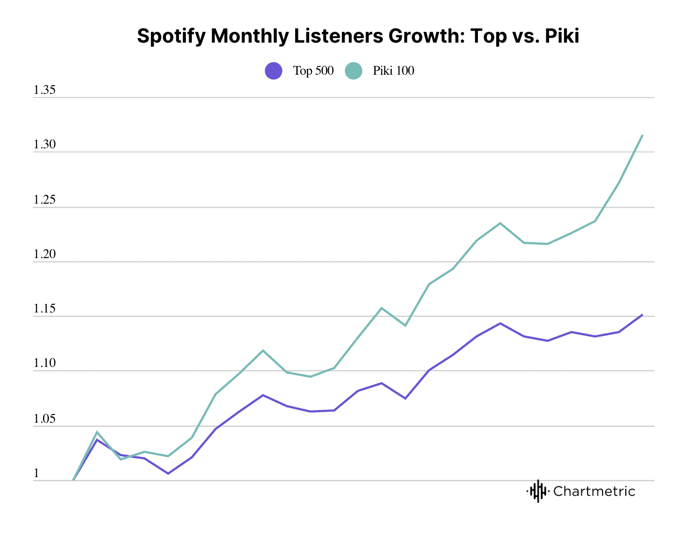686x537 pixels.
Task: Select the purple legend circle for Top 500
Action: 273,71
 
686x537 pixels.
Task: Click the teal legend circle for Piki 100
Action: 353,71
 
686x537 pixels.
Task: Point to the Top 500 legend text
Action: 313,71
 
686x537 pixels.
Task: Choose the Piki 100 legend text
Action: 394,71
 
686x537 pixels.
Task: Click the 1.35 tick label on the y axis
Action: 44,90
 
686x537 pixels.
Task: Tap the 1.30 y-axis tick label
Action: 44,145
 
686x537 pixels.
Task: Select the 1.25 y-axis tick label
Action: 44,200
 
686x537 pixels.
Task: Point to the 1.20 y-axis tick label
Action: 44,254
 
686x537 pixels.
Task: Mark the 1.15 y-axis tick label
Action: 44,309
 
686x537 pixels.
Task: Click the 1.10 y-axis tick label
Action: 44,364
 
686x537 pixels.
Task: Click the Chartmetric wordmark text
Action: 594,491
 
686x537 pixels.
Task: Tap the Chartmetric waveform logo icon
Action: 538,491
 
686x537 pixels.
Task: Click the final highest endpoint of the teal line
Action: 642,135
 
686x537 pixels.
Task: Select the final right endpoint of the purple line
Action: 642,314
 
